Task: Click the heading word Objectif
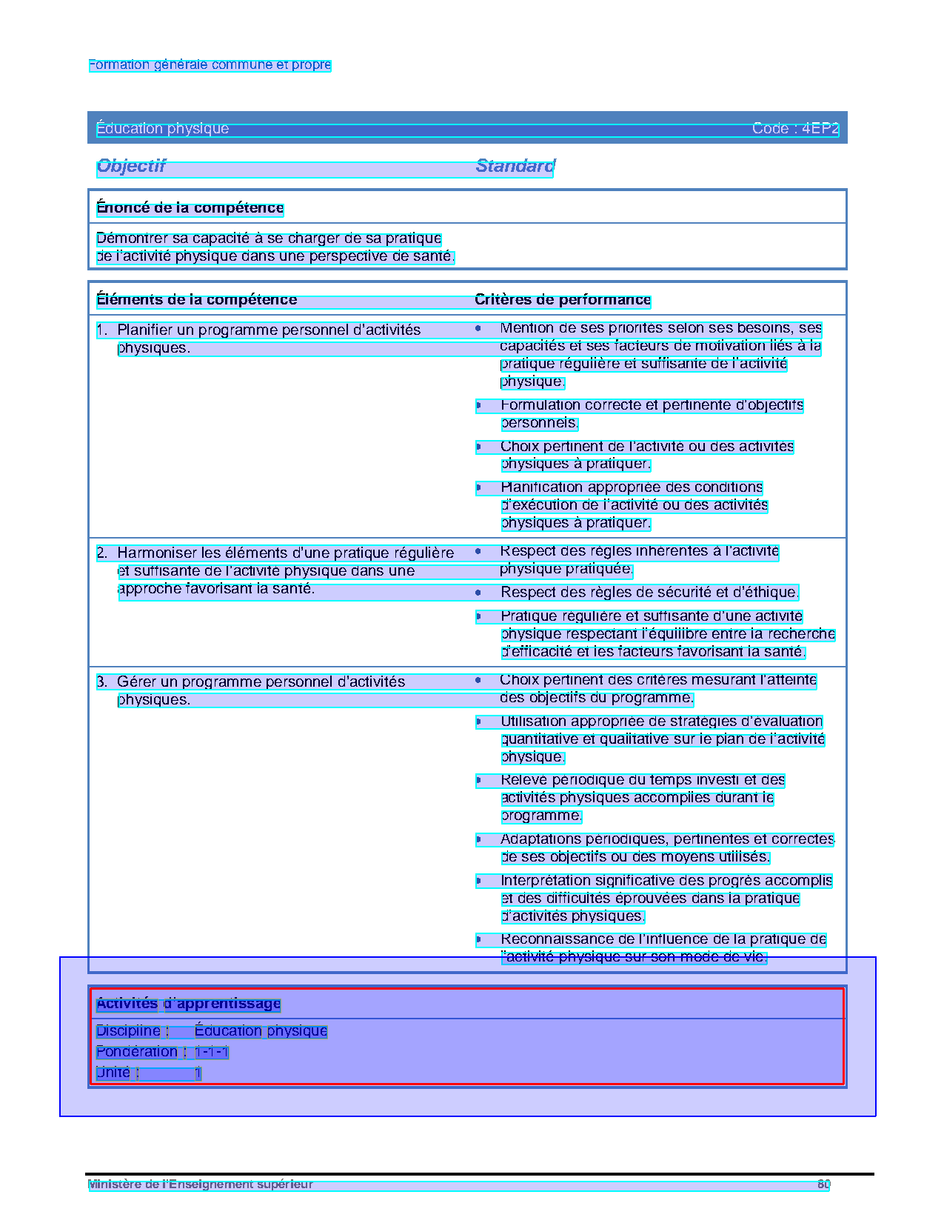[131, 166]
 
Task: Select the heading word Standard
[515, 166]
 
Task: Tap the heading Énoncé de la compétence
[190, 208]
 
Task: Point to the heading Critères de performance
[563, 300]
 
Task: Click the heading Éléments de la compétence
[196, 300]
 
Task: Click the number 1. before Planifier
[102, 330]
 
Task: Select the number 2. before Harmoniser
[102, 553]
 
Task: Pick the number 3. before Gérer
[102, 682]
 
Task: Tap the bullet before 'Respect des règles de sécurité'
[478, 593]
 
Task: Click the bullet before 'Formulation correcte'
[478, 406]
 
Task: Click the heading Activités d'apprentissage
[188, 1004]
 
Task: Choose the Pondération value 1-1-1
[212, 1052]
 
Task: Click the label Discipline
[128, 1031]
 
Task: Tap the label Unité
[113, 1073]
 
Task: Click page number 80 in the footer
[823, 1184]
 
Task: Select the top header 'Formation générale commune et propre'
[210, 65]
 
